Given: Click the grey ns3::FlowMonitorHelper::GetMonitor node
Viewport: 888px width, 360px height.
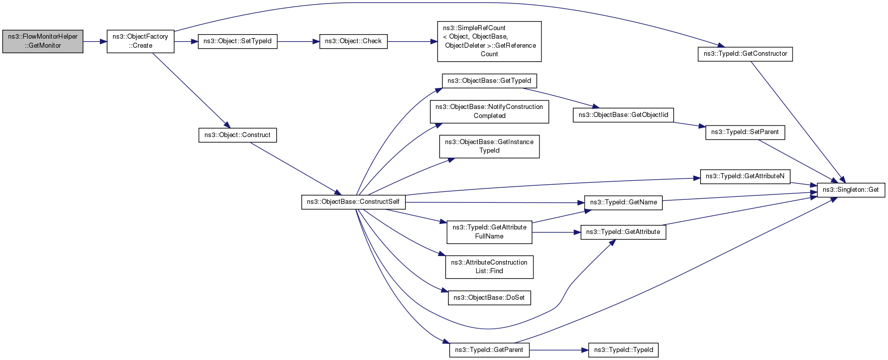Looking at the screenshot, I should (x=43, y=41).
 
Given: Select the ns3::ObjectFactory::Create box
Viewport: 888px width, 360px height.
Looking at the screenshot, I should (x=140, y=41).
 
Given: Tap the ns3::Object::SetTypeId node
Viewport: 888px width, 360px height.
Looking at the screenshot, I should (x=238, y=41).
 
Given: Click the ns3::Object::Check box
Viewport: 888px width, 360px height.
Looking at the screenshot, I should (x=353, y=41).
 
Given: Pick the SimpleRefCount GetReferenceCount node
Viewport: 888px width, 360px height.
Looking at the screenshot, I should (x=489, y=41).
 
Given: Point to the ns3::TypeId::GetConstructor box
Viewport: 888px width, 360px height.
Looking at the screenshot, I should (x=745, y=54).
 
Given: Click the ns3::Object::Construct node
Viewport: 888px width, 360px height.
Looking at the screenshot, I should (x=238, y=135).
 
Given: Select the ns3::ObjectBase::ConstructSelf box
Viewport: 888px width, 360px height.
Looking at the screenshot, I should (x=353, y=202).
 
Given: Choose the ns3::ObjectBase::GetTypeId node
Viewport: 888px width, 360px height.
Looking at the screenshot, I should (x=489, y=81).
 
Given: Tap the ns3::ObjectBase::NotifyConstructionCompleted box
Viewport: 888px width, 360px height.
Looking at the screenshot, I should (x=489, y=111).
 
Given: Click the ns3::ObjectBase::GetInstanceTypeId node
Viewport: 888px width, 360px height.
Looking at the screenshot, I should (x=489, y=146).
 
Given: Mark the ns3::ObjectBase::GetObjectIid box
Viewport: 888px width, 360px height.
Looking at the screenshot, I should (x=623, y=115).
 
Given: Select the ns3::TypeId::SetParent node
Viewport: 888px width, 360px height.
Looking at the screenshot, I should (x=745, y=132).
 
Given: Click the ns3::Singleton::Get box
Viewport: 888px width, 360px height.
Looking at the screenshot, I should (x=851, y=190).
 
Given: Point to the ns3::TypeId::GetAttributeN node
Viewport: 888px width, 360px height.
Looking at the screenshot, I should (x=745, y=176).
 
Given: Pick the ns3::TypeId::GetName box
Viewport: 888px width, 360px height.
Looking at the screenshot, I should (x=623, y=202).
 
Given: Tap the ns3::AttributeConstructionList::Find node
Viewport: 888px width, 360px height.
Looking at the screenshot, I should (x=489, y=267).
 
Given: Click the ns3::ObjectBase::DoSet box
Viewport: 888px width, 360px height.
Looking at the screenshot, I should (x=489, y=298).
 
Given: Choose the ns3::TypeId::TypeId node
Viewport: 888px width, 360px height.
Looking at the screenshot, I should (x=623, y=350).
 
